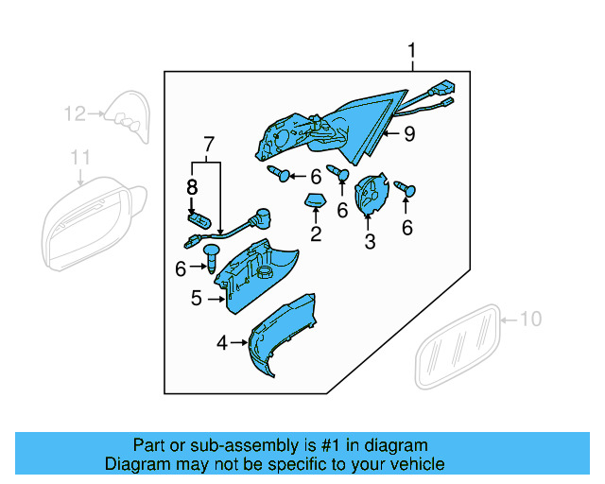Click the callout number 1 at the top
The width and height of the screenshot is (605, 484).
tap(412, 49)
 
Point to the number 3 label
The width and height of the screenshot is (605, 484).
tap(370, 242)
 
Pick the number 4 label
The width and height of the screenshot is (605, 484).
tap(222, 344)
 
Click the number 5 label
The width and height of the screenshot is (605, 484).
tap(197, 299)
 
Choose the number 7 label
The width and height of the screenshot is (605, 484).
tap(208, 145)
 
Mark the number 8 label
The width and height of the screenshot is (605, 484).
tap(192, 186)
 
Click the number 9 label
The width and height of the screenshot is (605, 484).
tap(408, 134)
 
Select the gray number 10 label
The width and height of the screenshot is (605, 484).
tap(531, 320)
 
